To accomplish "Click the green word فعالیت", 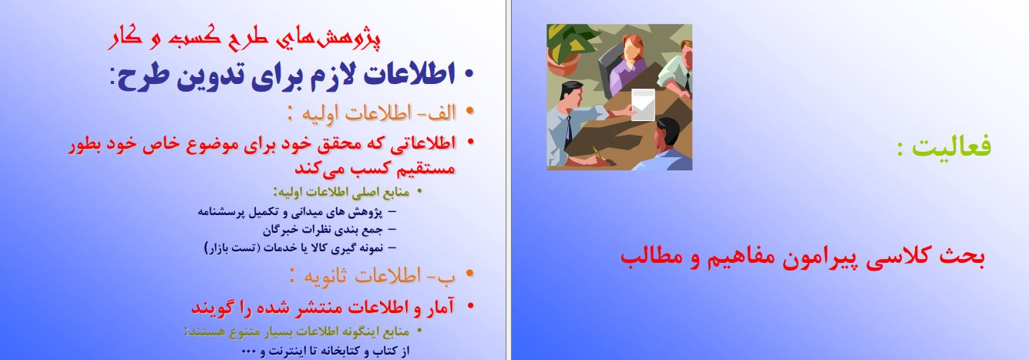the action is (951, 147).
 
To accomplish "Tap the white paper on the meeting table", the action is (643, 105).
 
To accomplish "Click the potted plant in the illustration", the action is (568, 49).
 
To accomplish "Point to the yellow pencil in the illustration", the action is (597, 154).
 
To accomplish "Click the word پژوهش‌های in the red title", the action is (328, 39).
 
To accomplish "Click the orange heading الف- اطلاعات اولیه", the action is (378, 113).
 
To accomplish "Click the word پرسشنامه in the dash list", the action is (219, 213).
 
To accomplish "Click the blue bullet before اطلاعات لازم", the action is (469, 73).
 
